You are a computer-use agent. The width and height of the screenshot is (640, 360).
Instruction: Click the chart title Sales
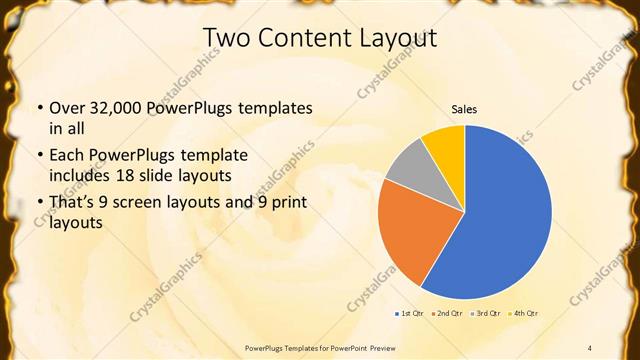point(464,108)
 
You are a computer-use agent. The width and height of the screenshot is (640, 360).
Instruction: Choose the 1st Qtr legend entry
point(410,314)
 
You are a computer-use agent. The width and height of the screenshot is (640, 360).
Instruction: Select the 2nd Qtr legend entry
point(447,314)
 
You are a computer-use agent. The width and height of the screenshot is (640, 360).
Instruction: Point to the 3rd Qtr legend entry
point(485,314)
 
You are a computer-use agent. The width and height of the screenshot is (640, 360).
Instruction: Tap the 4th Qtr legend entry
point(523,314)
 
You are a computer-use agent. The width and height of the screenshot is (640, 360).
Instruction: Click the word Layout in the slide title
point(398,38)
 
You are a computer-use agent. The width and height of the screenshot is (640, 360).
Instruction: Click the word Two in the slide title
point(226,38)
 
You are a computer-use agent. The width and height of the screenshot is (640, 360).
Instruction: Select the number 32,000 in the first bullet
point(114,108)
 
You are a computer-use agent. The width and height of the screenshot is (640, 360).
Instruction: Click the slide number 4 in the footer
point(590,347)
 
